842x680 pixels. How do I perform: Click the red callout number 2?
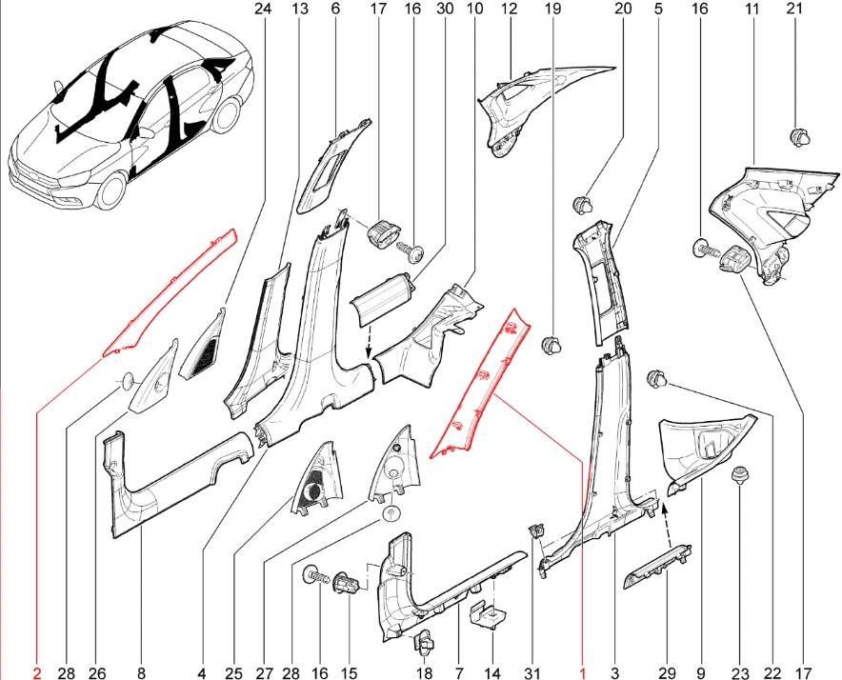36,672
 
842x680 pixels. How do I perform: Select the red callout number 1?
582,672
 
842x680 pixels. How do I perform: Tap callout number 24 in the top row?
264,9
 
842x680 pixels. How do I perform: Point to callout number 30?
445,9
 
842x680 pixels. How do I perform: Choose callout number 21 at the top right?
793,9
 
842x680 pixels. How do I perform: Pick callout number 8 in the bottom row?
141,672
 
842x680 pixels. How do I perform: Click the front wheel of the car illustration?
112,190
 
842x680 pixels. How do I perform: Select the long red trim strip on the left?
170,291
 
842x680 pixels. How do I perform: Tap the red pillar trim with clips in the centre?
479,384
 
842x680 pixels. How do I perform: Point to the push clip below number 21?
799,136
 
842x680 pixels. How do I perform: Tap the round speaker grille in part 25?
311,492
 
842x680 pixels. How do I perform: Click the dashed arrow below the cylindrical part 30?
369,343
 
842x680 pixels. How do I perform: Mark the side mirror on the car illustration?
59,88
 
